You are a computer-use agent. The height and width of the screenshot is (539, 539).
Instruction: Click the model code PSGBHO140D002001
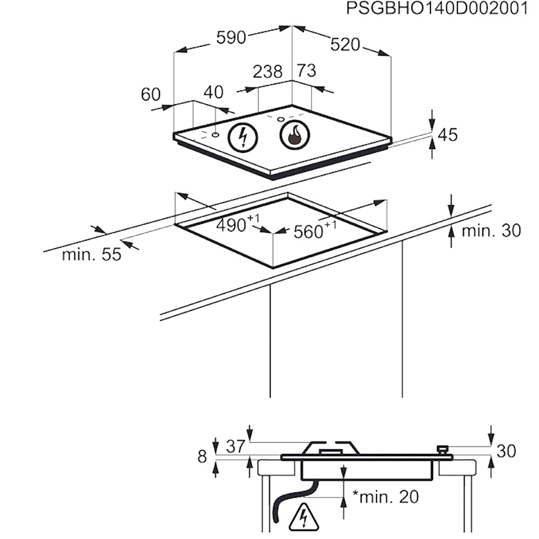(x=437, y=8)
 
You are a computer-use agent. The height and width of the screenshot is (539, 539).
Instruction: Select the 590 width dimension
(x=231, y=38)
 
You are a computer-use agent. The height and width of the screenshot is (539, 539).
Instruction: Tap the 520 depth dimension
(x=345, y=45)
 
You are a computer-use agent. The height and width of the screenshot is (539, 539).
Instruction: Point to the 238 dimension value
(x=267, y=72)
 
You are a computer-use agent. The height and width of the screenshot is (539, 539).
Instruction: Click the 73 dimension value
(x=306, y=71)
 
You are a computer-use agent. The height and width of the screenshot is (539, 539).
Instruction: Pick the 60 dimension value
(x=150, y=94)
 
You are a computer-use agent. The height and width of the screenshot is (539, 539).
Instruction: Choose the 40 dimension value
(x=213, y=92)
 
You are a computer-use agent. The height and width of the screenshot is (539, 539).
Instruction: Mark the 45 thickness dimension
(x=448, y=135)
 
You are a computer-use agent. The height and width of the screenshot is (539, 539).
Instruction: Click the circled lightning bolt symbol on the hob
(x=243, y=137)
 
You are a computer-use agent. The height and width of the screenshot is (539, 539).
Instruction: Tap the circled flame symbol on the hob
(x=295, y=135)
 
